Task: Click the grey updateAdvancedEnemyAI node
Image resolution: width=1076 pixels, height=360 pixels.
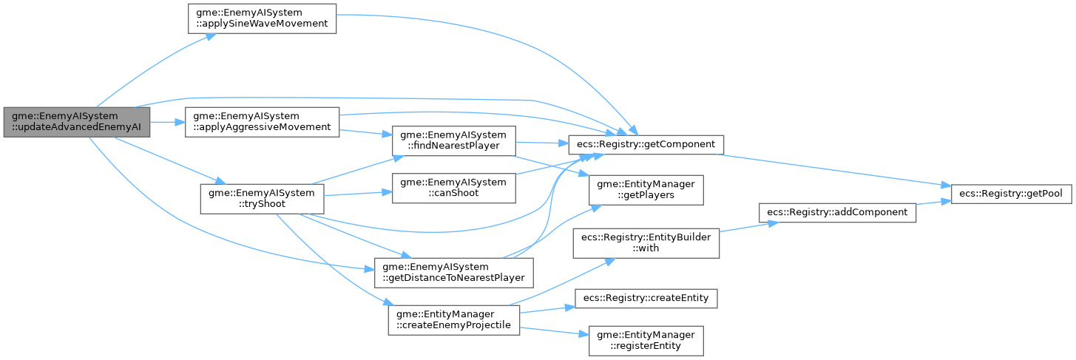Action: [x=77, y=122]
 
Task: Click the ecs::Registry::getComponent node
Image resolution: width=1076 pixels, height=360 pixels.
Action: [x=645, y=143]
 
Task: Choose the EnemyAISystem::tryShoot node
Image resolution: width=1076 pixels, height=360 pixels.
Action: [x=263, y=200]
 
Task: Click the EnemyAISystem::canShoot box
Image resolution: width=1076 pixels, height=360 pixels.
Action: [x=453, y=188]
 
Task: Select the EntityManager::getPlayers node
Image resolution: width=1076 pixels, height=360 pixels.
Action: [x=645, y=189]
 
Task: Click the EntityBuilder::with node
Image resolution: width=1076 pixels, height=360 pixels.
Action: [x=645, y=242]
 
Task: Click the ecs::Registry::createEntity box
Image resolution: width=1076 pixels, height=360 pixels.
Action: [x=645, y=298]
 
